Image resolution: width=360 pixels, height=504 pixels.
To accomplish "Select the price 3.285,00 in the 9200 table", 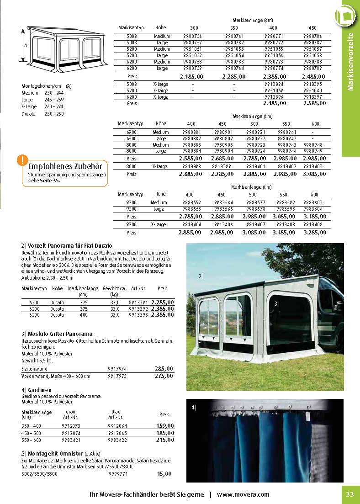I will click(315, 233).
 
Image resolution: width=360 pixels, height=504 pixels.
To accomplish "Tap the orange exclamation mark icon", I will click(21, 160).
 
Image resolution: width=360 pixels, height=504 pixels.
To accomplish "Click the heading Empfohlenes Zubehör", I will click(65, 166).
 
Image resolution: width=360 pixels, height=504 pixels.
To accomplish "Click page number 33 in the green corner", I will click(350, 494).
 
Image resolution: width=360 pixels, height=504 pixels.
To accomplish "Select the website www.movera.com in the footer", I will click(243, 494).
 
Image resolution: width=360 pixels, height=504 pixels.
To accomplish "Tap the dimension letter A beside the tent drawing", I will click(26, 46).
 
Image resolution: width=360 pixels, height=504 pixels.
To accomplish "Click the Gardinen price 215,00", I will click(165, 440).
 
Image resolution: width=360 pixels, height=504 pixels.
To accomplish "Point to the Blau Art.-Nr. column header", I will click(116, 414).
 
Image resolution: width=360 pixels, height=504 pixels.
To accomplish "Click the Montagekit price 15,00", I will click(164, 474).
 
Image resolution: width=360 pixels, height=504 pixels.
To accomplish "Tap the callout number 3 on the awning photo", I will click(276, 304).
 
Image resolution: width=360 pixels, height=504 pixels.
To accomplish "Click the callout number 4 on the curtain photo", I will click(193, 407).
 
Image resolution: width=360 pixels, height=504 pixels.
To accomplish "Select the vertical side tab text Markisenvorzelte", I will click(351, 62).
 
